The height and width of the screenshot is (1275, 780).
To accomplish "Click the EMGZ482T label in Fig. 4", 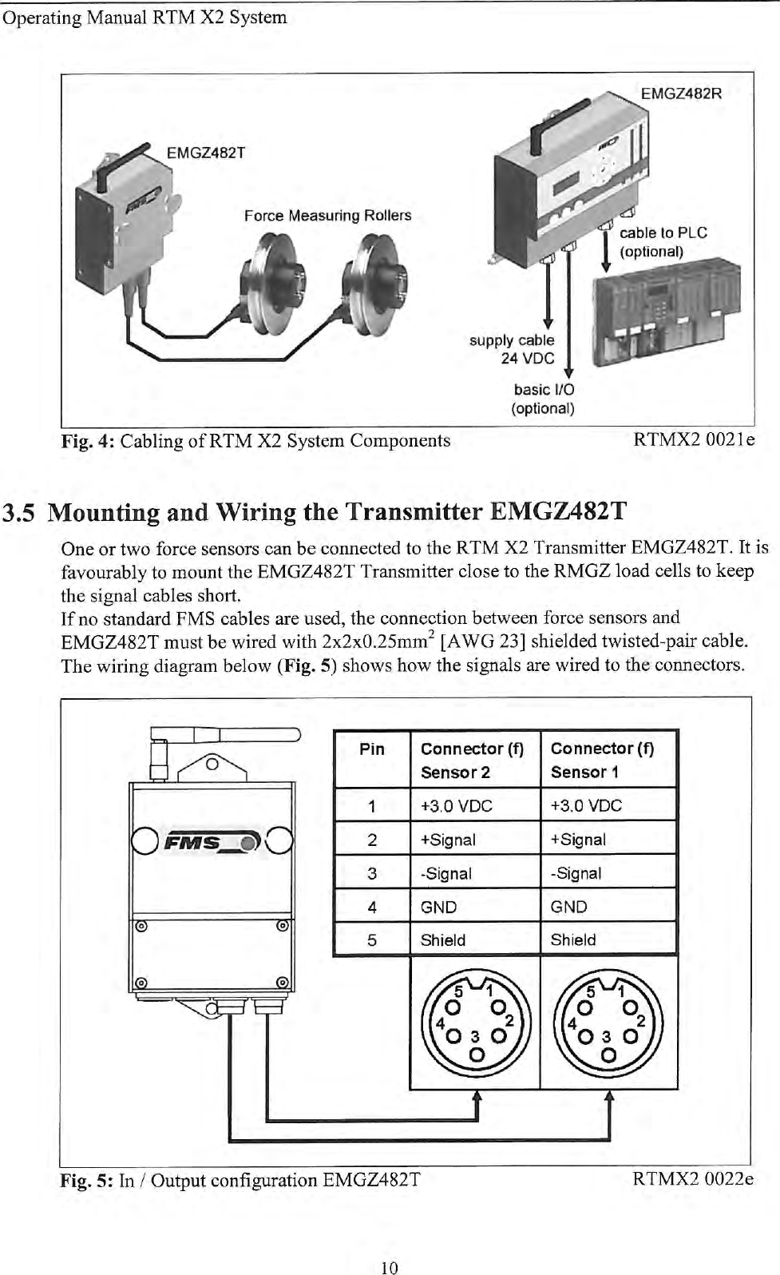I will point(205,153).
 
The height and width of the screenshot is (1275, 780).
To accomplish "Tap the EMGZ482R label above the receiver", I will point(681,93).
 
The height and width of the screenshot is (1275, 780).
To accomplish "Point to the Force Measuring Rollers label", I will point(327,216).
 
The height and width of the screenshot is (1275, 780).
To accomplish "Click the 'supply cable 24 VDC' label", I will point(512,349).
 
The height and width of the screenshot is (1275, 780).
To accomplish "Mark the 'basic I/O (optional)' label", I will point(543,399).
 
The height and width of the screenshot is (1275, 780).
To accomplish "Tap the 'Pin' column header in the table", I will point(372,749).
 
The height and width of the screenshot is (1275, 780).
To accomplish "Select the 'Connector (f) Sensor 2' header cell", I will point(472,760).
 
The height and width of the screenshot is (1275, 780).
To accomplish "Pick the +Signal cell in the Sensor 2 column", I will point(448,840).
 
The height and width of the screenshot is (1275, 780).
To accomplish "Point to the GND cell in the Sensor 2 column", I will point(439,907).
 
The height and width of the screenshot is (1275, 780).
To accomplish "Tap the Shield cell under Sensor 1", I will point(573,940).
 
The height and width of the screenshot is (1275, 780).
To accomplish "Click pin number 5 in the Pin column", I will point(372,940).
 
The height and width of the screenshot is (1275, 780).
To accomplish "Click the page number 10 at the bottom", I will point(389,1266).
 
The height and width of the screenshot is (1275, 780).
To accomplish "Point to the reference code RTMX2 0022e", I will point(692,1179).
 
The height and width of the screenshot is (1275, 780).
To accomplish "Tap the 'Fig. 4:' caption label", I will point(89,441).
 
